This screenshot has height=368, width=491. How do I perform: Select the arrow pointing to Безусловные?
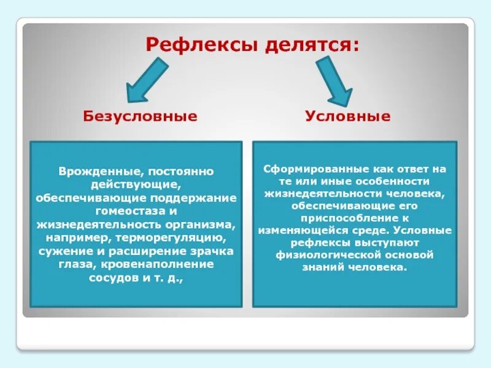pos(147,81)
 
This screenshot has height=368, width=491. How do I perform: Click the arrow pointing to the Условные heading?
pos(333,81)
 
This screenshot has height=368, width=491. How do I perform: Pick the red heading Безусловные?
pos(141,117)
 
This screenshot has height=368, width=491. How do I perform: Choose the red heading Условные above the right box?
pos(347,117)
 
